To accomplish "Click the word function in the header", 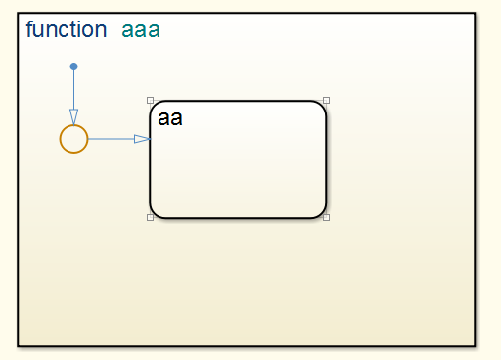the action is pos(66,29).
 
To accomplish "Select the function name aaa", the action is pos(140,30).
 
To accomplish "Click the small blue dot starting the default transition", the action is pos(73,67).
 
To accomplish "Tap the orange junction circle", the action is pos(73,139).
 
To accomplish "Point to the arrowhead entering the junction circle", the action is pos(73,118).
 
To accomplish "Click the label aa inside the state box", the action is pos(170,119).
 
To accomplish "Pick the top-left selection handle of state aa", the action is pos(150,100).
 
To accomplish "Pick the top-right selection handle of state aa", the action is pos(326,100).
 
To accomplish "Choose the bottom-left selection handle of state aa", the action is pos(150,217).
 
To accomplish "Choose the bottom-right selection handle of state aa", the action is pos(326,217).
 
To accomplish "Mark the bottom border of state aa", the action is pos(238,216).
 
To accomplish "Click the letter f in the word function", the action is pos(29,29).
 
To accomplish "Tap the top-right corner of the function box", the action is pos(474,14).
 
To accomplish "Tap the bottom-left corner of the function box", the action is pos(19,344).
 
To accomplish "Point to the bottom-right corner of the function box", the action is pos(474,344).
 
